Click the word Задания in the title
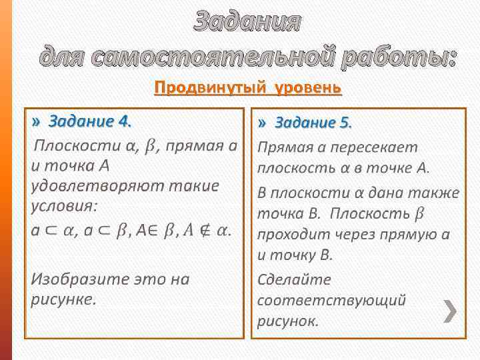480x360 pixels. [x=247, y=22]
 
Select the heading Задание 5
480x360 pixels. [x=313, y=123]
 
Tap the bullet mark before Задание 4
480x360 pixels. [x=35, y=122]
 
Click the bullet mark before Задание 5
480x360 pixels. [x=263, y=123]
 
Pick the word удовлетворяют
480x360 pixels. [x=87, y=185]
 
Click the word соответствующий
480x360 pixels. [x=331, y=300]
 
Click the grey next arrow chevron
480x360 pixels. [x=451, y=311]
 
